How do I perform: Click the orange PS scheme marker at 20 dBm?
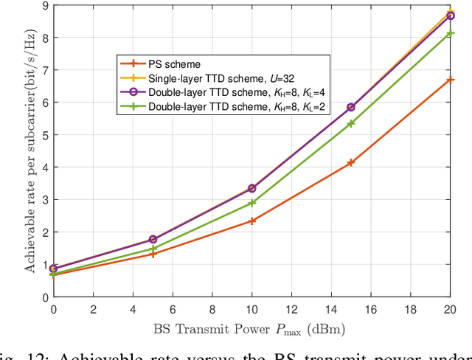(x=451, y=80)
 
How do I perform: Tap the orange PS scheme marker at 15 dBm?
(x=351, y=162)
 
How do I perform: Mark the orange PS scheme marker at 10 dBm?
(x=252, y=221)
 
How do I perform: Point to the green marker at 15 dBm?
(x=351, y=123)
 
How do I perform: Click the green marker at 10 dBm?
(x=252, y=202)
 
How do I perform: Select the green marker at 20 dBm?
(x=451, y=33)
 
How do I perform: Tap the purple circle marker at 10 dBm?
(x=252, y=188)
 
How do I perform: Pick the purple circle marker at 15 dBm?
(x=351, y=107)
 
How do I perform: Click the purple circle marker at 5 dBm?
(x=153, y=239)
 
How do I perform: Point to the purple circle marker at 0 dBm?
(x=54, y=269)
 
